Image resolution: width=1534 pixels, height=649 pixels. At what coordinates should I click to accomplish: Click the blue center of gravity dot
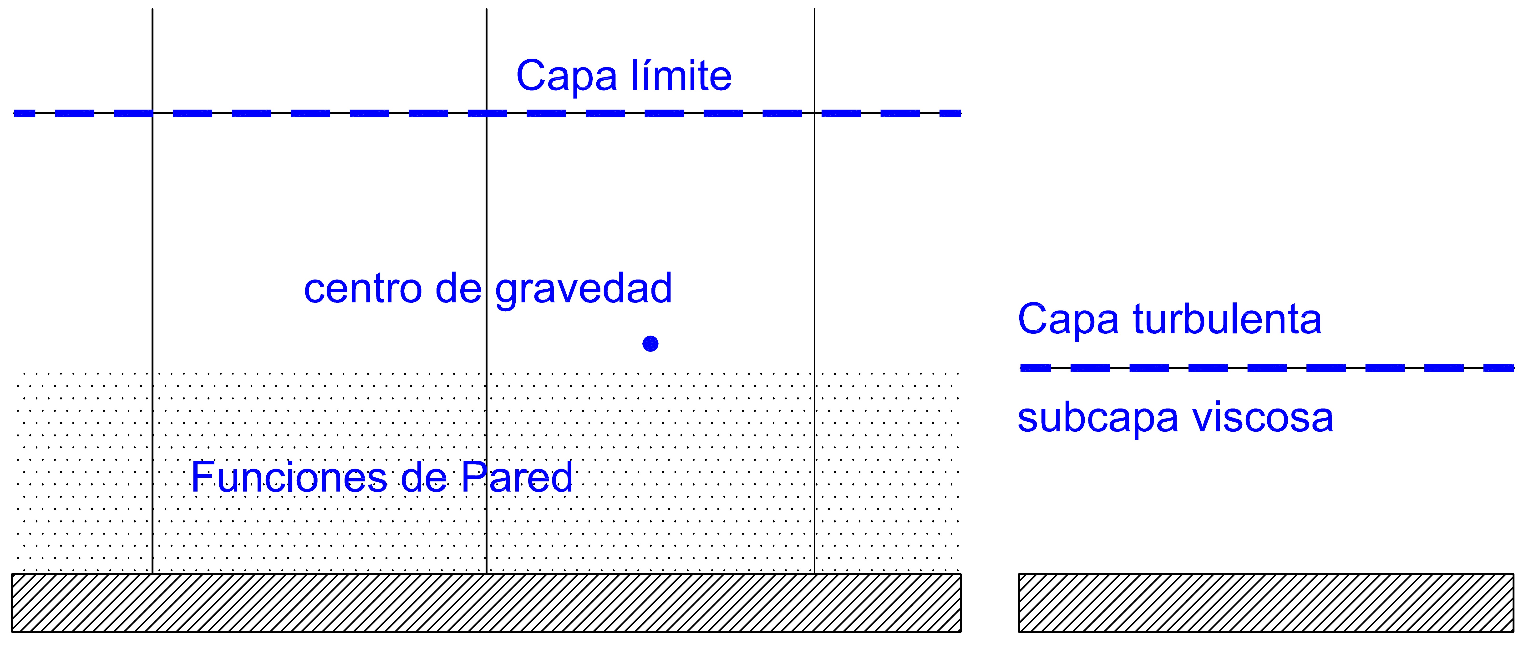pos(650,343)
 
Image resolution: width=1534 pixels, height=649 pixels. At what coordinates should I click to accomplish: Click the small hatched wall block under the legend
pos(1266,603)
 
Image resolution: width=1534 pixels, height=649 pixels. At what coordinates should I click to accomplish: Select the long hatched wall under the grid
pos(486,603)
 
